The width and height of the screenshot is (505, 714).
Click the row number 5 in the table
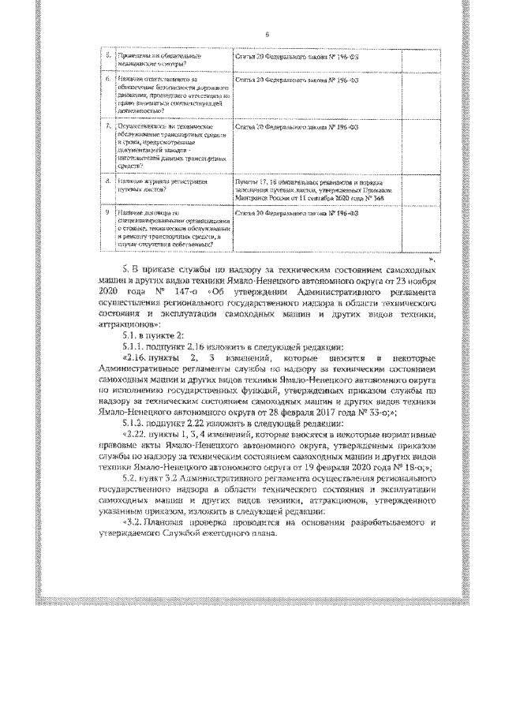click(108, 57)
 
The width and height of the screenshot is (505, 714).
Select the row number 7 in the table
click(108, 126)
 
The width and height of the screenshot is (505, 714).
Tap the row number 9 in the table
click(108, 212)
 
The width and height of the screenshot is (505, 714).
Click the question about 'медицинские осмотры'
click(151, 61)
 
